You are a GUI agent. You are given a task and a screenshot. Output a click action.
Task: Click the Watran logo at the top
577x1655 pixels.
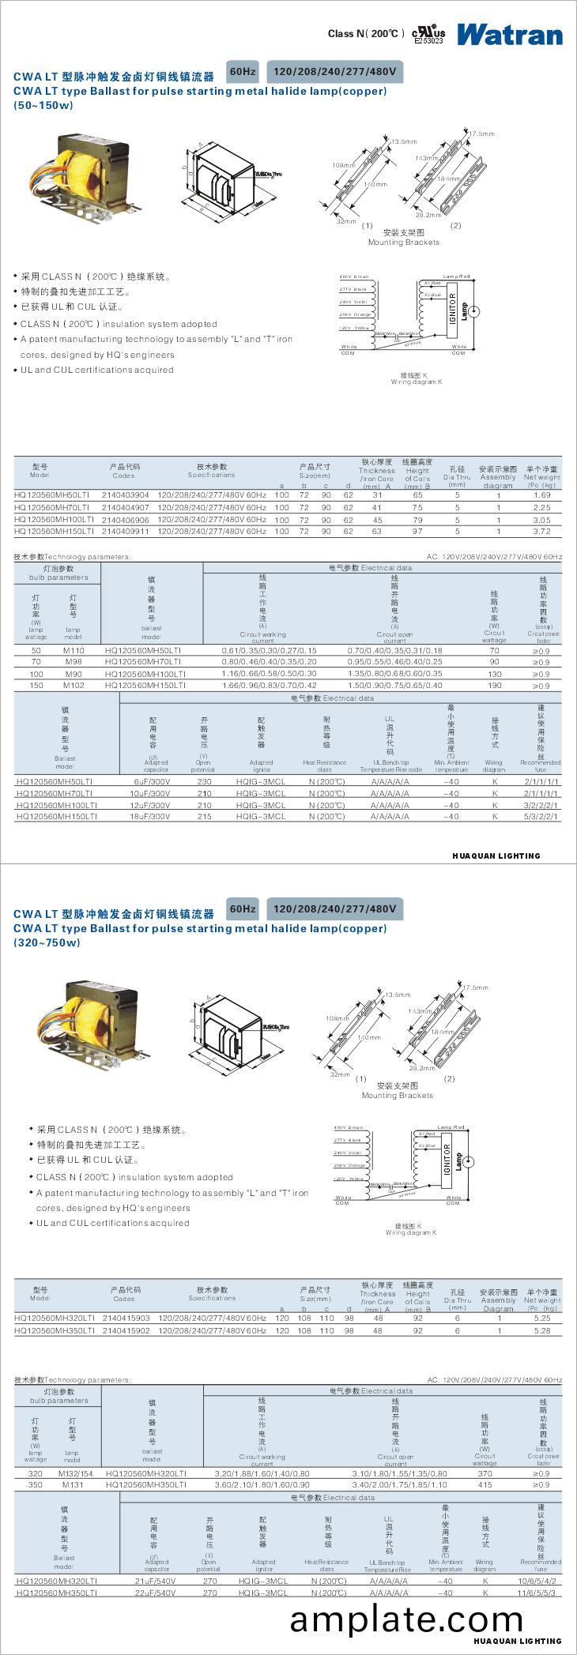tap(509, 34)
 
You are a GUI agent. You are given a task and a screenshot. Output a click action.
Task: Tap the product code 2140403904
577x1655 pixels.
tap(125, 495)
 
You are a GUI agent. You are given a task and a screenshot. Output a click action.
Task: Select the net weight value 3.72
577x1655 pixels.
tap(541, 532)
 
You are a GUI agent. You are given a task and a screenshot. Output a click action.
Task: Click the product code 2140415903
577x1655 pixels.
tap(126, 1318)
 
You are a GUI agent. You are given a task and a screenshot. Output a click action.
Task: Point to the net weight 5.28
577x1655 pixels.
tap(541, 1330)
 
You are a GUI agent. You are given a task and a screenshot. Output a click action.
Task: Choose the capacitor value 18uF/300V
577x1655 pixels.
tap(156, 816)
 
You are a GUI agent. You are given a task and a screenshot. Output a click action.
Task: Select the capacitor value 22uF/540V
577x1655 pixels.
tap(156, 1593)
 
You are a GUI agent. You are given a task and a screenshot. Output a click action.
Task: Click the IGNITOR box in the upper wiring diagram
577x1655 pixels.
tap(453, 307)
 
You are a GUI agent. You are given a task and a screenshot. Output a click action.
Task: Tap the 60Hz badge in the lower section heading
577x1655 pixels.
tap(243, 908)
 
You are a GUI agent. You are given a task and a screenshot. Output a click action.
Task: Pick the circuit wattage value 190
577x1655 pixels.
tap(494, 686)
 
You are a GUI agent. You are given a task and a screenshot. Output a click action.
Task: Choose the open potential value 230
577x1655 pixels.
tap(204, 780)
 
